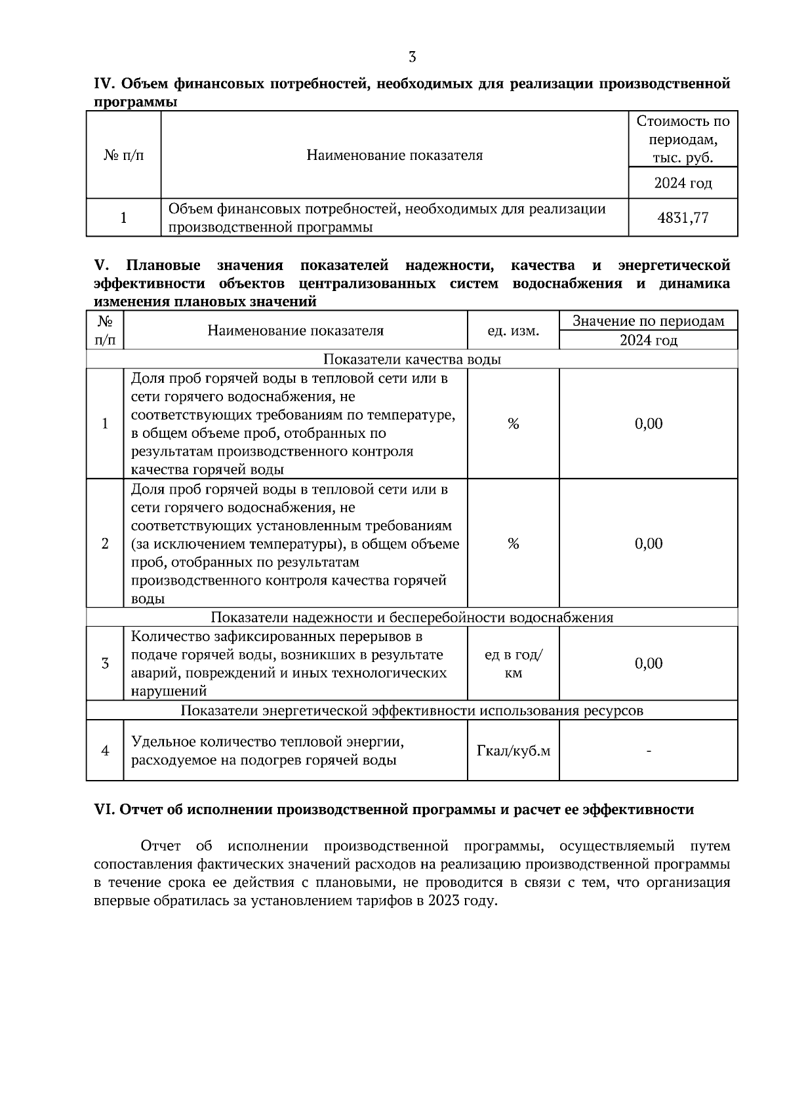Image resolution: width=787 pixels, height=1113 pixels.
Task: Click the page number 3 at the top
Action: (412, 57)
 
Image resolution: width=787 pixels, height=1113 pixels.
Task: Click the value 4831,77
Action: (683, 218)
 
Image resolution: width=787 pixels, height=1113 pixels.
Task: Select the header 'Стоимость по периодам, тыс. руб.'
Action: (683, 139)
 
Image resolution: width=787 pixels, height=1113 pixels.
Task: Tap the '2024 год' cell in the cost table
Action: (683, 183)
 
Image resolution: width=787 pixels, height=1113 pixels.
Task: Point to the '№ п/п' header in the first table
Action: (123, 155)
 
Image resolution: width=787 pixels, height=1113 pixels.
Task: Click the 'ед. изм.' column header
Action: (513, 331)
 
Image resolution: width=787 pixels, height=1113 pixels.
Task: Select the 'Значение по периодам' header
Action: (648, 321)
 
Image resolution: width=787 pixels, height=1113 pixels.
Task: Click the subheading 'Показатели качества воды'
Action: (412, 359)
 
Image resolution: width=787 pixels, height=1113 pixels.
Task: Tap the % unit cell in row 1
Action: (513, 424)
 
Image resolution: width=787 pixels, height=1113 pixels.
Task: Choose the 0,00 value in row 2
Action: (648, 543)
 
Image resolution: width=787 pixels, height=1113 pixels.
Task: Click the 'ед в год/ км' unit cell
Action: (513, 664)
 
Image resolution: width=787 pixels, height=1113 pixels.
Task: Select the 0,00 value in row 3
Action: (648, 663)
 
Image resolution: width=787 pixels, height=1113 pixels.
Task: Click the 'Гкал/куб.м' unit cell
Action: (513, 751)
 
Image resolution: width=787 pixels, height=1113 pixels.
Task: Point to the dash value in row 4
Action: (648, 751)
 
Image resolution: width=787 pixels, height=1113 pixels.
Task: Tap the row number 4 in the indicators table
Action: (105, 751)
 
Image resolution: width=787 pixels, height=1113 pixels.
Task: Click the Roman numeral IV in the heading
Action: (104, 84)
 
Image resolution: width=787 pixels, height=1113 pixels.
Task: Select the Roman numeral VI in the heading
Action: (104, 810)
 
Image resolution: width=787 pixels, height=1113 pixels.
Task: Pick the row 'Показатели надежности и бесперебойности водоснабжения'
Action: (412, 617)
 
